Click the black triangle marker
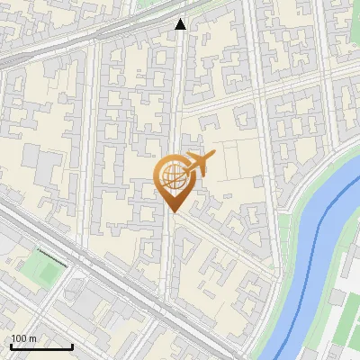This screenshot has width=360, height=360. pyautogui.click(x=181, y=24)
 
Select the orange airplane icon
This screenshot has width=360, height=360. pyautogui.click(x=197, y=165)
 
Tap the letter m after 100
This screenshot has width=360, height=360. pyautogui.click(x=32, y=338)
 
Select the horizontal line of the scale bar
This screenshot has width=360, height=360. pyautogui.click(x=41, y=346)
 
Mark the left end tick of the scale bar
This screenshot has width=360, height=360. pyautogui.click(x=11, y=346)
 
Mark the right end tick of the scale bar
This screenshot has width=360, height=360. pyautogui.click(x=72, y=346)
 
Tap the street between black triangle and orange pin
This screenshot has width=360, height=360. pyautogui.click(x=177, y=99)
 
